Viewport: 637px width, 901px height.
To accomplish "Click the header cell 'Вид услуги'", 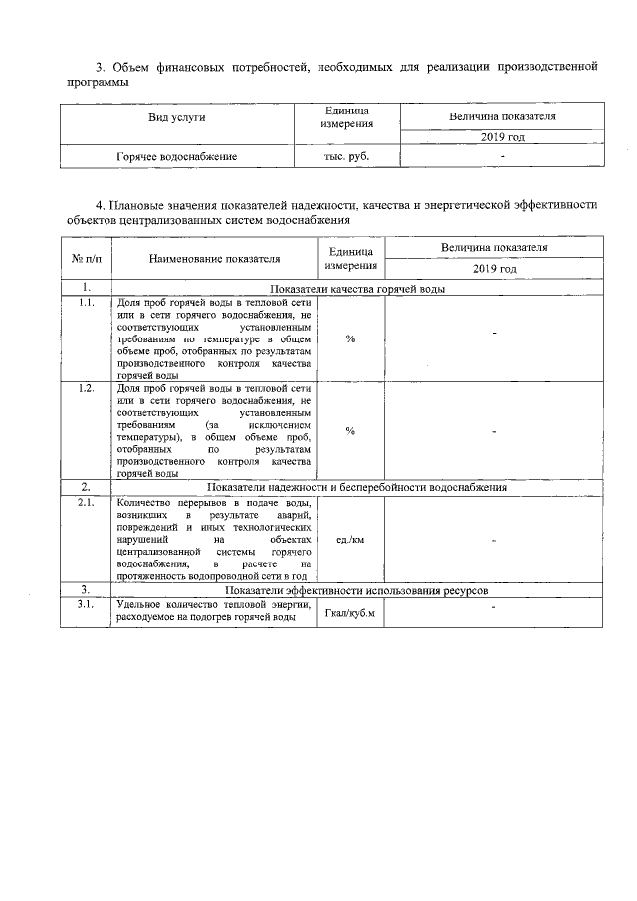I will point(176,117).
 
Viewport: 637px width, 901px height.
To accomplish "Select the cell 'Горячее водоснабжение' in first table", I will point(176,157).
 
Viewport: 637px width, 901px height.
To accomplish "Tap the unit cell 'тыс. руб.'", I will point(346,157).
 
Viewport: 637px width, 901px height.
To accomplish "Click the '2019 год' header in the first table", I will point(502,136).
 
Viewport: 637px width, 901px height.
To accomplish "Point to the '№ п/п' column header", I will point(86,259).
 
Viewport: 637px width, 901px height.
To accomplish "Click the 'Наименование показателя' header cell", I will point(214,259).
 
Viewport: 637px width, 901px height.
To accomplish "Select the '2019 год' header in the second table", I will point(494,269).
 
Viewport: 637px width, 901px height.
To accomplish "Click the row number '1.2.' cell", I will point(86,388).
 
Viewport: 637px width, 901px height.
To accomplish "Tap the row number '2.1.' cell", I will point(86,502).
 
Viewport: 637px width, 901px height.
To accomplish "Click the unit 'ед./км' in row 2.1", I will point(350,539).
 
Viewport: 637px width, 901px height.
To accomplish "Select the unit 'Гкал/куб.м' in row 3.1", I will point(350,612).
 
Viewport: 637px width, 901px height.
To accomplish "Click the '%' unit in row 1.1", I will point(350,339).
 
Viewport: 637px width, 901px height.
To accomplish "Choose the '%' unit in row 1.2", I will point(350,430).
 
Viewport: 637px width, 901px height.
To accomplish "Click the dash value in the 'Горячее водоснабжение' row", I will point(502,157).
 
